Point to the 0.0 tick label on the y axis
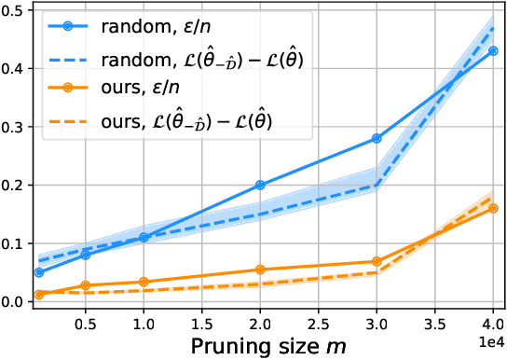(17, 302)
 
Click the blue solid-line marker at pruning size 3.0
(377, 138)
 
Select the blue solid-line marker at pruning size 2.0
(260, 185)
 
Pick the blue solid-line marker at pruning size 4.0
(493, 50)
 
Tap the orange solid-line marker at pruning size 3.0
(377, 261)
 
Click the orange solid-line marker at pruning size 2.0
(260, 270)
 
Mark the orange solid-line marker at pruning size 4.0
(493, 208)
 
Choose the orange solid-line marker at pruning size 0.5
(85, 285)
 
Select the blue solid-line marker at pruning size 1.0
(144, 238)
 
